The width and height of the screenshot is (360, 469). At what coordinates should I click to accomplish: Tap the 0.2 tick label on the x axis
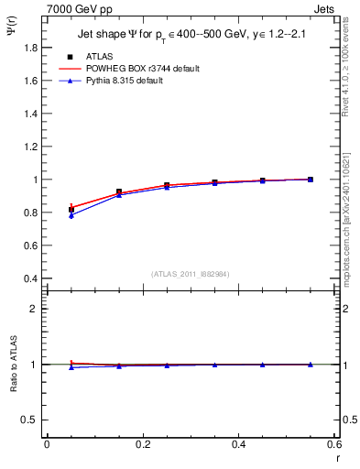(142, 444)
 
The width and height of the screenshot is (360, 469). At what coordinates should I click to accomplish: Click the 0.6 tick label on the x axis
(333, 444)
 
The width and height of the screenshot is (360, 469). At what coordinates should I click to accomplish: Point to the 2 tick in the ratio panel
(34, 309)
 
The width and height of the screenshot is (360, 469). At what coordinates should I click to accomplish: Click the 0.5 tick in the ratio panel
(29, 420)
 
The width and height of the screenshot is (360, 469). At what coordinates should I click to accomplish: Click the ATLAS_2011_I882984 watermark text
(191, 273)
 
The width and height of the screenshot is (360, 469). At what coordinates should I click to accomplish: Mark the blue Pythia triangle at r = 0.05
(71, 215)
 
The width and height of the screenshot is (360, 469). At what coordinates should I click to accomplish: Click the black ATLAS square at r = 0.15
(119, 192)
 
